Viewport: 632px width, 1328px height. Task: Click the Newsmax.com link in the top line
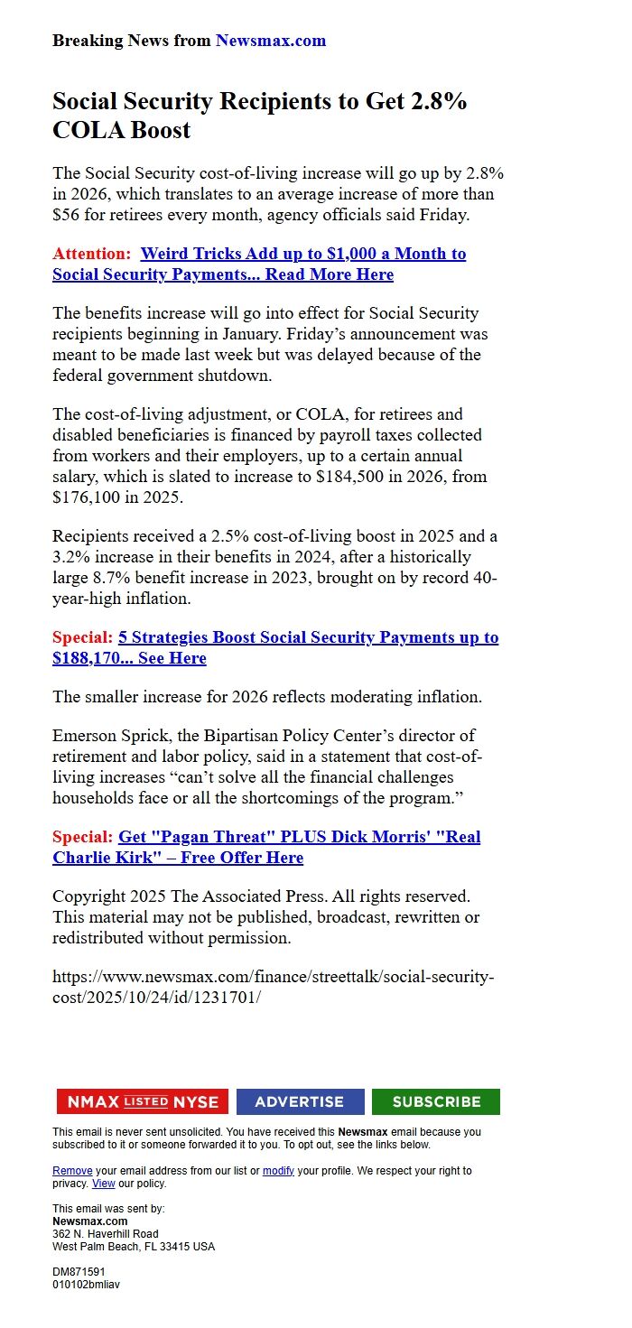[x=270, y=41]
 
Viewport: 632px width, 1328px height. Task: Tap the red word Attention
[x=89, y=254]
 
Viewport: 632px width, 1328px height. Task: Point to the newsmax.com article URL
[x=273, y=987]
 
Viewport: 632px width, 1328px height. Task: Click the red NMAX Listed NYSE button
[x=143, y=1101]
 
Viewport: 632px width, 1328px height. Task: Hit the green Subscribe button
[x=436, y=1101]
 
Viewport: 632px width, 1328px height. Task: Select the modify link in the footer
[x=278, y=1171]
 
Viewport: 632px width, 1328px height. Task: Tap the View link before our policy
[x=104, y=1184]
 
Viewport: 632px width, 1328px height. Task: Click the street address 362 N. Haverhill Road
[x=105, y=1233]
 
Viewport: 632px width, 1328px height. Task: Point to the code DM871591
[x=79, y=1271]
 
